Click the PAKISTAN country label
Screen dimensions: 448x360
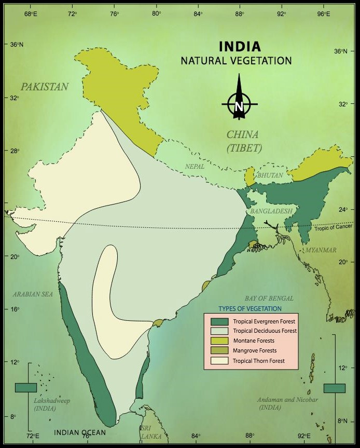pyautogui.click(x=44, y=87)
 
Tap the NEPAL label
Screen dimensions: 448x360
pyautogui.click(x=195, y=167)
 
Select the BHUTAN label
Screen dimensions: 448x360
pyautogui.click(x=271, y=175)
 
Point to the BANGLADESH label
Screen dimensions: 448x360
pyautogui.click(x=271, y=211)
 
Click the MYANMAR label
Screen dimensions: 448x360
pyautogui.click(x=321, y=250)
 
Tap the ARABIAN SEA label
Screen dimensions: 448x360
pyautogui.click(x=33, y=294)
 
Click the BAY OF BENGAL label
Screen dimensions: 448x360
pyautogui.click(x=269, y=298)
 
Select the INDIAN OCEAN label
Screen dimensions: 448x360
pyautogui.click(x=80, y=432)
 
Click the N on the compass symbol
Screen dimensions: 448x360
pyautogui.click(x=239, y=106)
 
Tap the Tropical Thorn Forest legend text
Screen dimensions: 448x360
pyautogui.click(x=259, y=361)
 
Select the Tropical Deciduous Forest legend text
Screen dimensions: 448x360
pyautogui.click(x=265, y=331)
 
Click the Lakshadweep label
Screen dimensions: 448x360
pyautogui.click(x=52, y=401)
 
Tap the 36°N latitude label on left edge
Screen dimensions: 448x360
pyautogui.click(x=17, y=45)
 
